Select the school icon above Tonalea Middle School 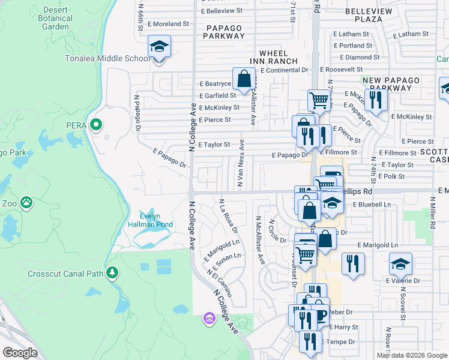click(x=160, y=47)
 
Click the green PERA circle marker click(x=96, y=125)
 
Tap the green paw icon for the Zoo click(x=26, y=203)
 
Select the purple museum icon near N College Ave click(x=209, y=317)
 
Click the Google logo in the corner click(x=20, y=353)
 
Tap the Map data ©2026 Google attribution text click(x=411, y=355)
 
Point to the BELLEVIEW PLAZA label click(x=369, y=15)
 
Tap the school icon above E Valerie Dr click(x=400, y=264)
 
